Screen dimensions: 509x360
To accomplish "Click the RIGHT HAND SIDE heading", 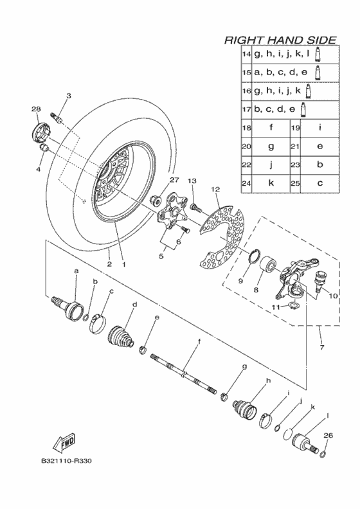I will tap(280, 40).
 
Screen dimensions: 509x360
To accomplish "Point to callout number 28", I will tap(36, 109).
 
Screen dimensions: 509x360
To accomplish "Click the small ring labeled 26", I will tap(323, 454).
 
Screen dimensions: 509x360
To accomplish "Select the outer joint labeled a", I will tap(68, 307).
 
